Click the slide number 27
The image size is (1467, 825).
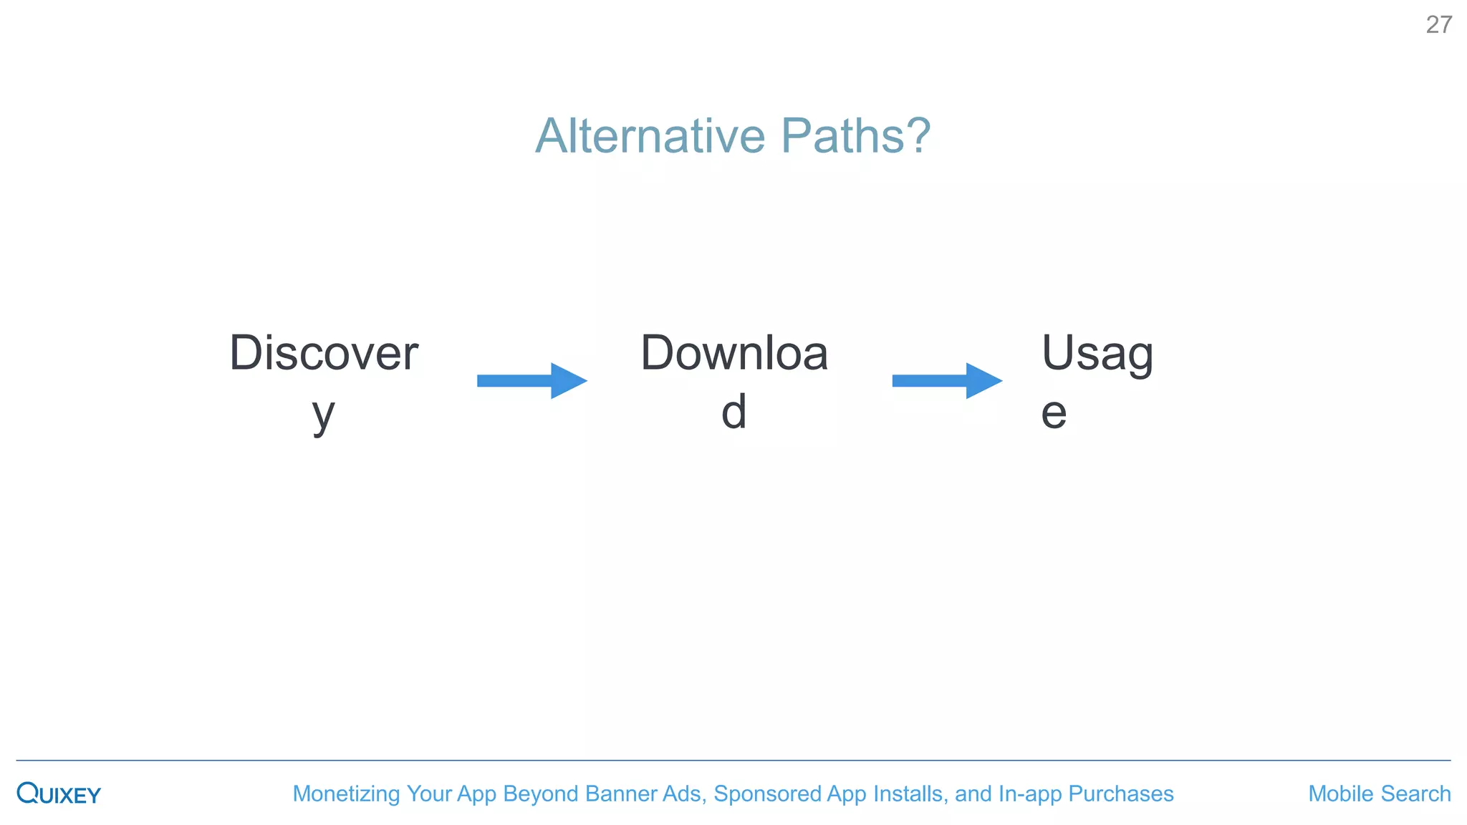click(1438, 25)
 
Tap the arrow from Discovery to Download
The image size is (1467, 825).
click(532, 380)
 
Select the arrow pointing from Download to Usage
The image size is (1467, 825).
click(946, 380)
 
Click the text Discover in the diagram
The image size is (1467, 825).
click(324, 353)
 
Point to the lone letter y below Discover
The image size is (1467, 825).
click(324, 414)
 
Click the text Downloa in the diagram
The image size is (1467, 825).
click(734, 353)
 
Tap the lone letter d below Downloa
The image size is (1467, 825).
click(733, 412)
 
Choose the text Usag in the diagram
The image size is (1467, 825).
click(1097, 353)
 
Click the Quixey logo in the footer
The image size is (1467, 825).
click(59, 793)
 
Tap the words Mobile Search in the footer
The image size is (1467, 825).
click(1379, 793)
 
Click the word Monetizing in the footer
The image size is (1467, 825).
click(346, 793)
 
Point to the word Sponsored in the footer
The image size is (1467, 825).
click(767, 793)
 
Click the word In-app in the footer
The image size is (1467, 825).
click(1029, 793)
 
